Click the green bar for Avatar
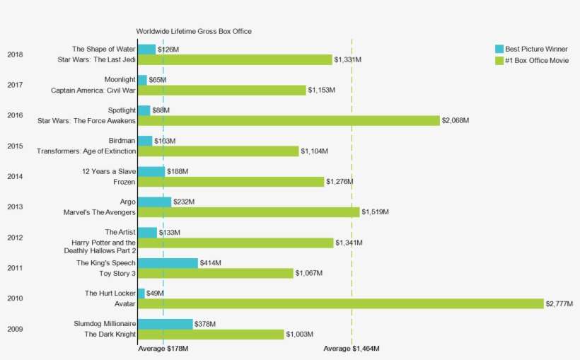click(340, 303)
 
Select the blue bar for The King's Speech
click(168, 263)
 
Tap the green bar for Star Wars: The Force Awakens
click(289, 120)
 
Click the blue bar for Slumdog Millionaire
click(165, 324)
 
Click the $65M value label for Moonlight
click(158, 80)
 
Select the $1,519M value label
click(375, 212)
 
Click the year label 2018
click(15, 54)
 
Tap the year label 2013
click(15, 207)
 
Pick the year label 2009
click(15, 329)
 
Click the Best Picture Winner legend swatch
click(499, 50)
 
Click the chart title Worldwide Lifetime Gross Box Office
click(194, 31)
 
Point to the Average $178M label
click(163, 349)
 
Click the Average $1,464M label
click(352, 349)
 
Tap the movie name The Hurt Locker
click(110, 293)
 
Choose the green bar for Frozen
click(231, 182)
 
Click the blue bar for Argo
click(154, 202)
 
